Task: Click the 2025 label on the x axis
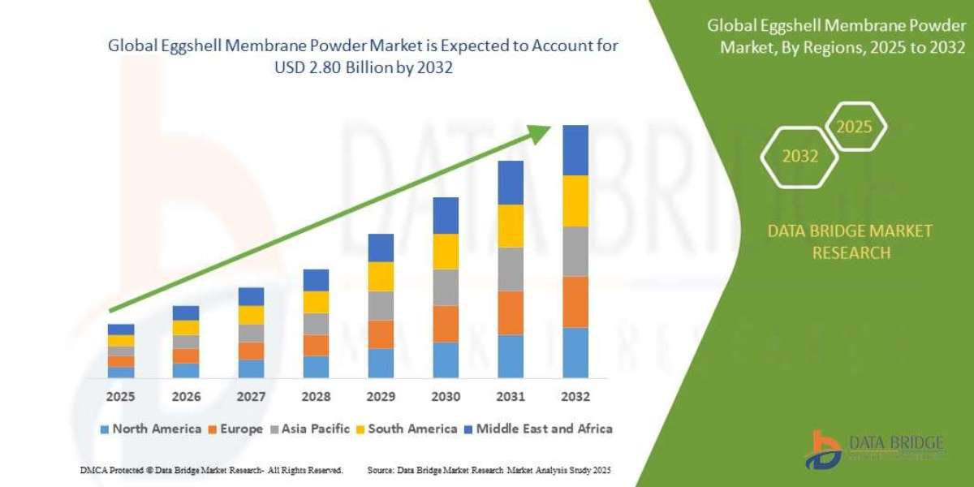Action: (120, 397)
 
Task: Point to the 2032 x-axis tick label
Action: (575, 397)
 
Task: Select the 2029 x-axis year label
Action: (380, 397)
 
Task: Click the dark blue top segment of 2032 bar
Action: (575, 150)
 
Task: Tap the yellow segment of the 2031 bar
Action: (510, 226)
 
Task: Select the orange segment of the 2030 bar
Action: (446, 323)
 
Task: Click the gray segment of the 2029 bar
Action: (381, 305)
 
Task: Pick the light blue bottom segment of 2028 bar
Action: (316, 366)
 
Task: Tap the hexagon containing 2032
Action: (799, 157)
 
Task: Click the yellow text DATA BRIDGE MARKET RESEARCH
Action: (850, 242)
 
